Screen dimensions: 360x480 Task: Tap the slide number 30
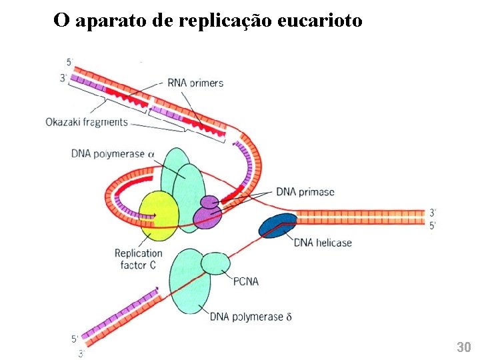click(463, 347)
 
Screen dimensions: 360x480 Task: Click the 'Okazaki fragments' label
click(87, 122)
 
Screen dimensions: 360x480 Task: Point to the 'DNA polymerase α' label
click(113, 154)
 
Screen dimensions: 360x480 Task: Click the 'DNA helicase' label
click(323, 243)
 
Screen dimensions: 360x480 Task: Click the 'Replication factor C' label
click(138, 259)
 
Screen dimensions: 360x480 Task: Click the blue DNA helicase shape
click(277, 226)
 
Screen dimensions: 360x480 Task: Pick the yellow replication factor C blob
click(157, 215)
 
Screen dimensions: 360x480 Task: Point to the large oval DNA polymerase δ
click(191, 284)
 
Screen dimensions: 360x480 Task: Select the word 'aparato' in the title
click(111, 21)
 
